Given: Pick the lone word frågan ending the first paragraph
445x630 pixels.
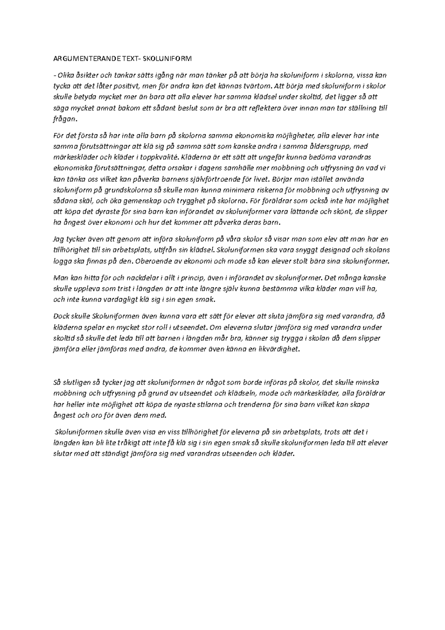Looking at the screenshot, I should coord(66,119).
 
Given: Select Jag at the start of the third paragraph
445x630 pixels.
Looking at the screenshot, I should coord(59,239).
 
